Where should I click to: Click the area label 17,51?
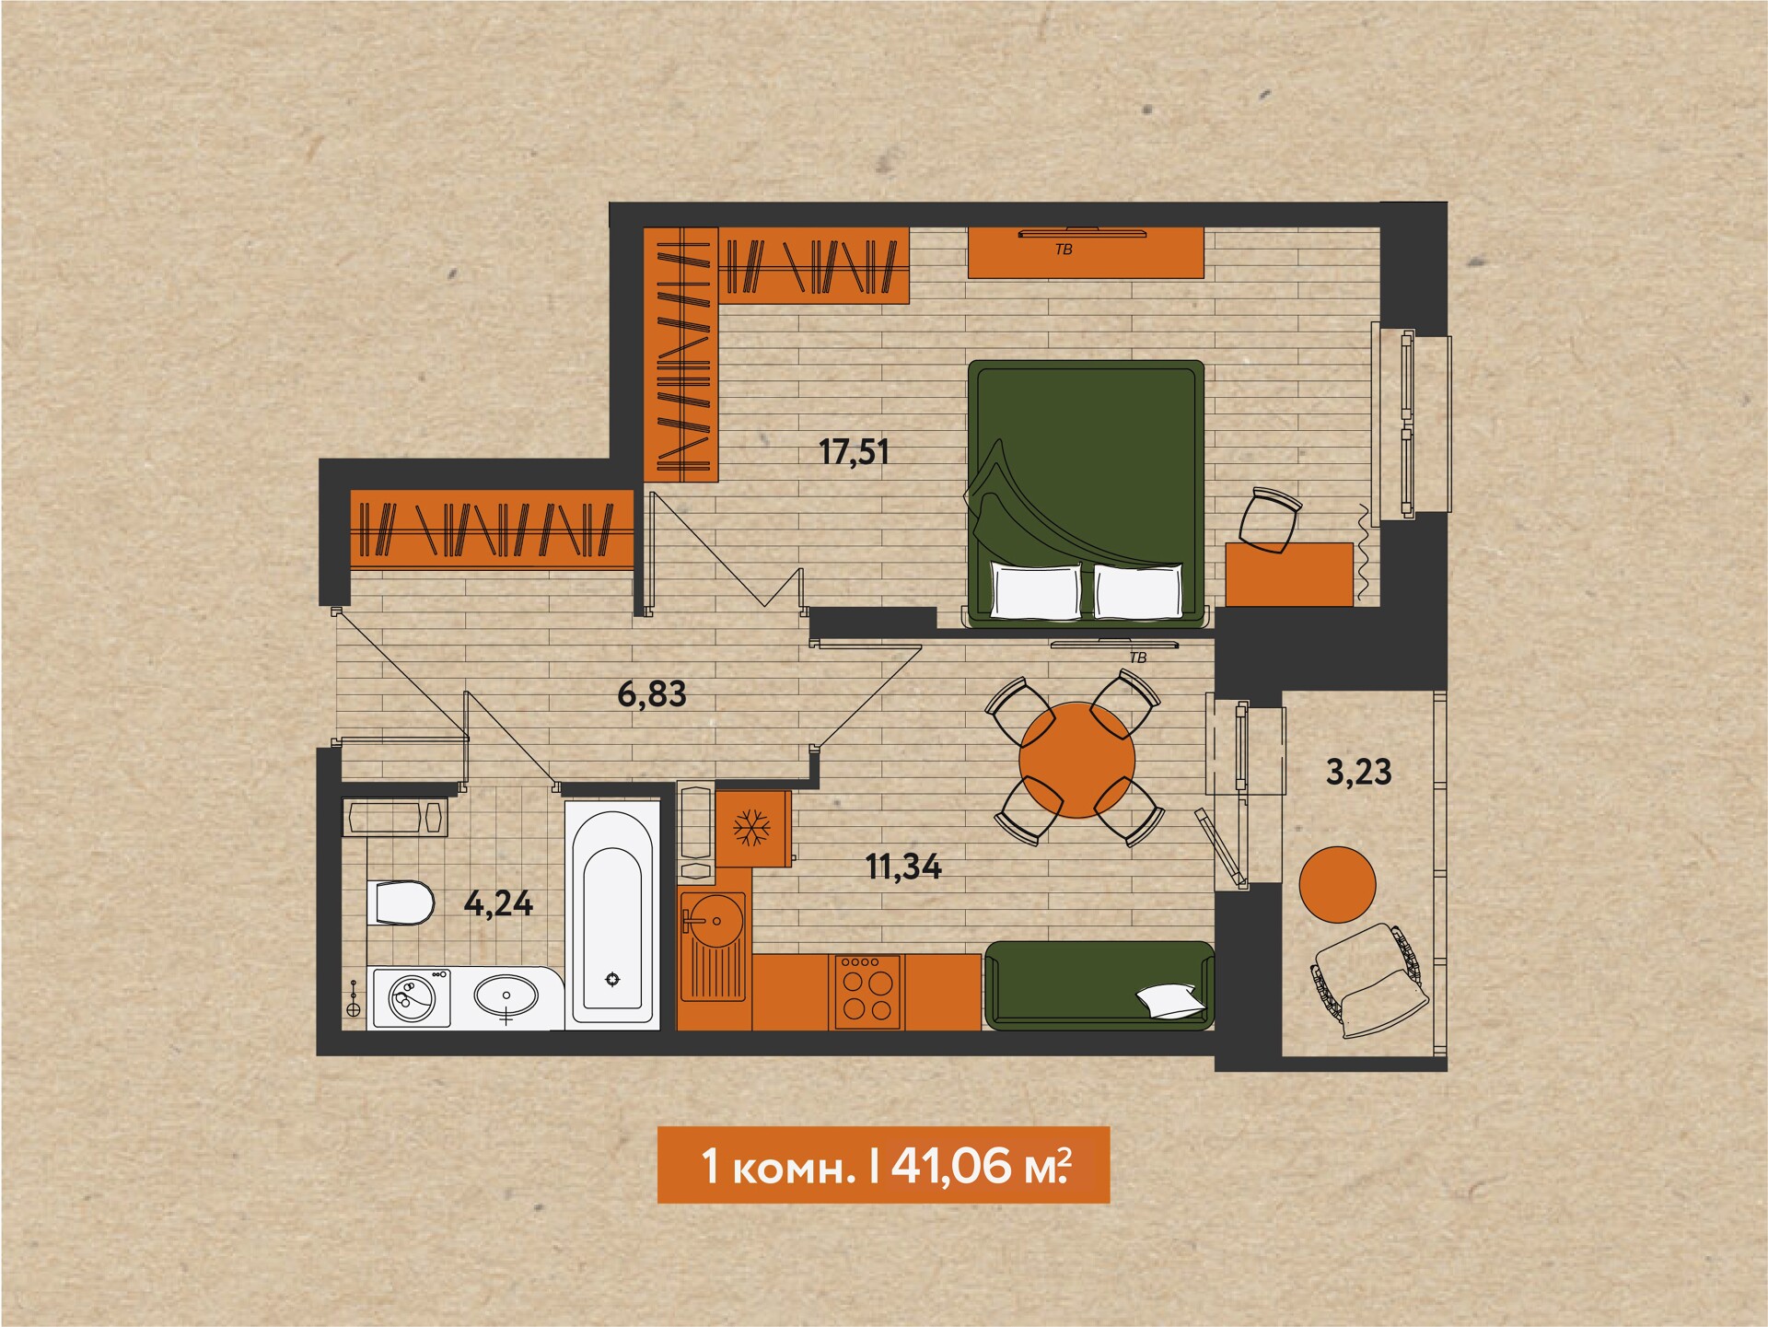[854, 452]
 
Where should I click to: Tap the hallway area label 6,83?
[652, 694]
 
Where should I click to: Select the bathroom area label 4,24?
[498, 903]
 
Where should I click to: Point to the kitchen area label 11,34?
[903, 867]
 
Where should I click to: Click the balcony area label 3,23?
[1358, 772]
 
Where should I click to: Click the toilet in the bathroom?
[401, 903]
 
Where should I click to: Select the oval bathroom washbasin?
[506, 996]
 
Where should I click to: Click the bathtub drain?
[612, 978]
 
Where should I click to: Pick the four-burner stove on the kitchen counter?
[867, 991]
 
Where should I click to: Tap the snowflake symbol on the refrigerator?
[751, 828]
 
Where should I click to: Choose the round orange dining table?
[1076, 760]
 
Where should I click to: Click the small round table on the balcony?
[1337, 884]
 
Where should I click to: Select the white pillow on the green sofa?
[1169, 1000]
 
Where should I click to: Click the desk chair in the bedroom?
[1270, 520]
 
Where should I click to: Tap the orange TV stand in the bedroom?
[1086, 252]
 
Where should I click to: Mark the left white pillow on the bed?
[1036, 590]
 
